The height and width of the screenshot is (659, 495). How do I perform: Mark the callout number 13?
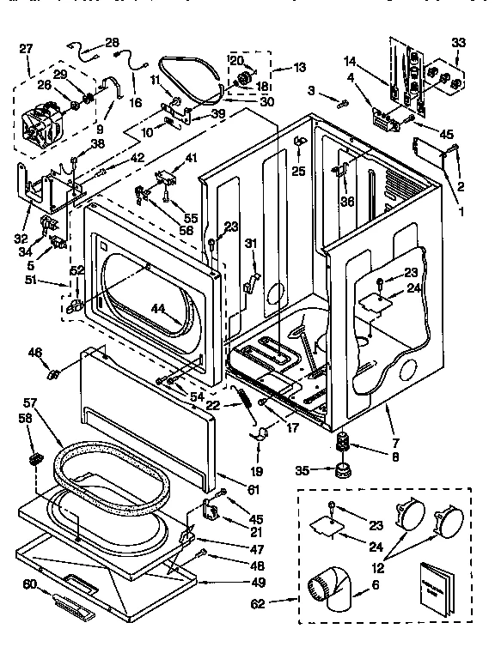click(300, 68)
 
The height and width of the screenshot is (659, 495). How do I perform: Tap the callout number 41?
click(191, 157)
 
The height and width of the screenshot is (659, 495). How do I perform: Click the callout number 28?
click(113, 42)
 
